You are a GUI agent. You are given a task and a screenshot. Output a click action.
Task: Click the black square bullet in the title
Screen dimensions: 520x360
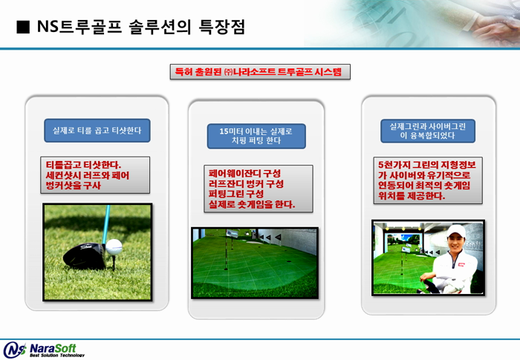coord(23,27)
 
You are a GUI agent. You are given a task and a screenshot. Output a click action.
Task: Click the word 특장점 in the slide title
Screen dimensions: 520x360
coord(222,27)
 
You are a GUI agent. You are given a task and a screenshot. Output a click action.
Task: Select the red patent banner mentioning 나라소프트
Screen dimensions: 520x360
coord(260,71)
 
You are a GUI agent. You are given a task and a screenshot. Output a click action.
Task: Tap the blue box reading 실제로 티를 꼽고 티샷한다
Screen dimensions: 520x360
coord(97,131)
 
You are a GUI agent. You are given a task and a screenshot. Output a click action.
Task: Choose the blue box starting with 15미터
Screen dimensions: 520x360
coord(256,136)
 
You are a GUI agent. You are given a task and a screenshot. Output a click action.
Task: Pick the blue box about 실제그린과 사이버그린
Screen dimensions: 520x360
coord(428,131)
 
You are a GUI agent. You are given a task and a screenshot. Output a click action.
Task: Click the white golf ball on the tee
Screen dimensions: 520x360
coord(114,247)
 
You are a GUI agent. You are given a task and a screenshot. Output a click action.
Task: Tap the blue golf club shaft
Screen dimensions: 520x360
coord(106,224)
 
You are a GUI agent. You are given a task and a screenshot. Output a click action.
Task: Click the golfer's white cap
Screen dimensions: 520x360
coord(456,231)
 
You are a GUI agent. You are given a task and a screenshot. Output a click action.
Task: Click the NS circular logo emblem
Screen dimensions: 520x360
coord(15,350)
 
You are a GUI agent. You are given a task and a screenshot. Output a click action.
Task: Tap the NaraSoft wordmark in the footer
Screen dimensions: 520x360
coord(53,348)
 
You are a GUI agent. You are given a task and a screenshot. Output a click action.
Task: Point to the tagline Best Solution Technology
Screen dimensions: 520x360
coord(57,356)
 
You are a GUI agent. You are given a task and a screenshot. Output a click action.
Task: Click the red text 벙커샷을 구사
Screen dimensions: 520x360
coord(73,186)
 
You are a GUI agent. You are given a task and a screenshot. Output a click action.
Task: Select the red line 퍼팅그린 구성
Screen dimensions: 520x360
coord(236,194)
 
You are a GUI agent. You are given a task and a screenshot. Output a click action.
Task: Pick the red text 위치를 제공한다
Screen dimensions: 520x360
coord(412,196)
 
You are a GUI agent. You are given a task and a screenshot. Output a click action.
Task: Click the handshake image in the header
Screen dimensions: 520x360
coord(412,23)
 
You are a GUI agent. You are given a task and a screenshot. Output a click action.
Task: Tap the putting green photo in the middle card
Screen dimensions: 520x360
coord(255,263)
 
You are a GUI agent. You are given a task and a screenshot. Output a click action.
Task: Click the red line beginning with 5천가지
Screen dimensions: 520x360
coord(427,165)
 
